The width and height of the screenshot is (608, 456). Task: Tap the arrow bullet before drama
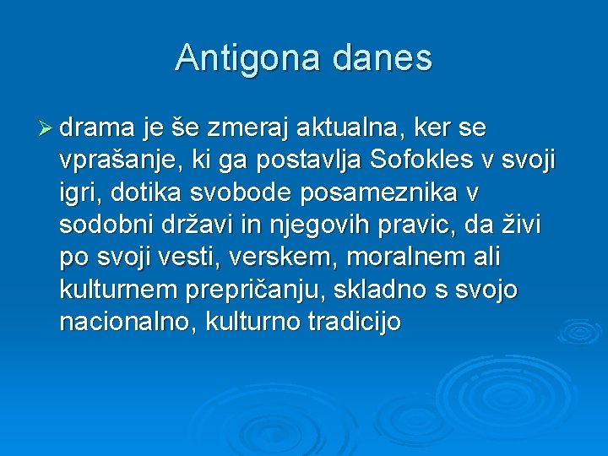tap(46, 128)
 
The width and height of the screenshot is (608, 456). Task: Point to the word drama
tap(98, 128)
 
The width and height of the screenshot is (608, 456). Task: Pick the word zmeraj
tap(236, 128)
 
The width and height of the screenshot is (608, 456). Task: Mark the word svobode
tap(223, 193)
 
